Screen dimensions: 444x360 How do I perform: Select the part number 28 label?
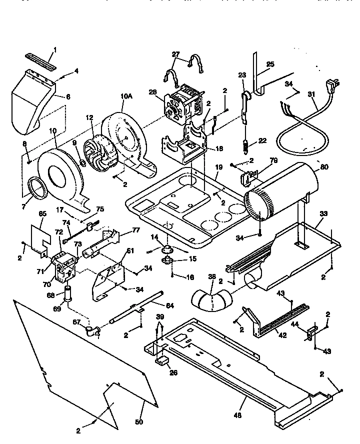click(x=153, y=92)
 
